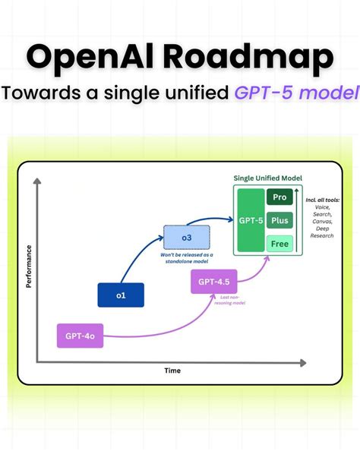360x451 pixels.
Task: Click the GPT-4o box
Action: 81,336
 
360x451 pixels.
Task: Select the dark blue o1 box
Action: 121,295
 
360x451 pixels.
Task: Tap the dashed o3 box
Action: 186,238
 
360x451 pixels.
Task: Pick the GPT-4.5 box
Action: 214,281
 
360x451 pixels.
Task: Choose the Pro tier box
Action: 279,197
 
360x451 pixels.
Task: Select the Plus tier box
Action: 279,220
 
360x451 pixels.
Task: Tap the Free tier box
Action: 279,244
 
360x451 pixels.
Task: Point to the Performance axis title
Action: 29,266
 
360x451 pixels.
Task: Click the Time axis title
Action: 173,371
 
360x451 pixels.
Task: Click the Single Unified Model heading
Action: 267,177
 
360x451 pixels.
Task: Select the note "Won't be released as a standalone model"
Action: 186,258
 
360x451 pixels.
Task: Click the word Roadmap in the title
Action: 256,58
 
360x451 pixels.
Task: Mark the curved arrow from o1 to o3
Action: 138,258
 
